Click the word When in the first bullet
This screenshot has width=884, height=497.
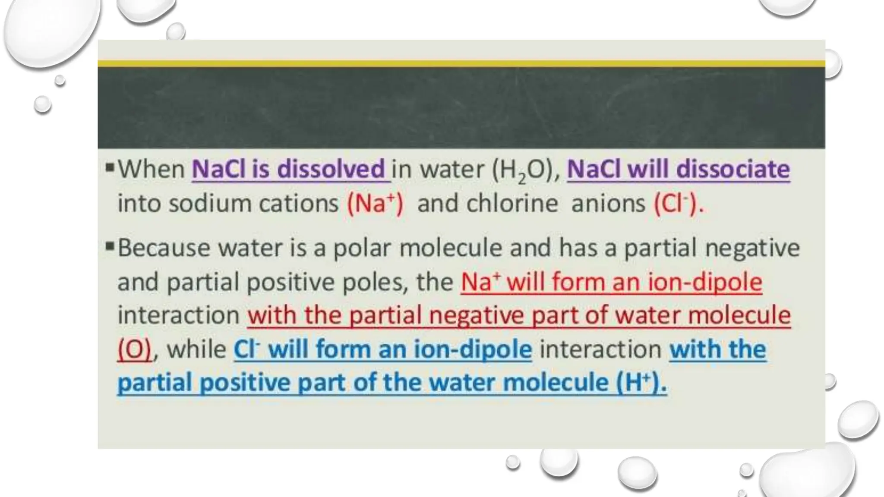click(152, 169)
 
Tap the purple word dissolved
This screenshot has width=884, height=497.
click(331, 169)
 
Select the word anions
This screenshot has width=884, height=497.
click(608, 204)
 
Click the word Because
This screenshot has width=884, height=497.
click(164, 248)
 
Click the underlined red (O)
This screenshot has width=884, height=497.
click(135, 349)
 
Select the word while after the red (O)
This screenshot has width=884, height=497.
click(197, 349)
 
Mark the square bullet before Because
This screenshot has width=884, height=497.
click(110, 247)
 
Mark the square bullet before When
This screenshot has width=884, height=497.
click(110, 167)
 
